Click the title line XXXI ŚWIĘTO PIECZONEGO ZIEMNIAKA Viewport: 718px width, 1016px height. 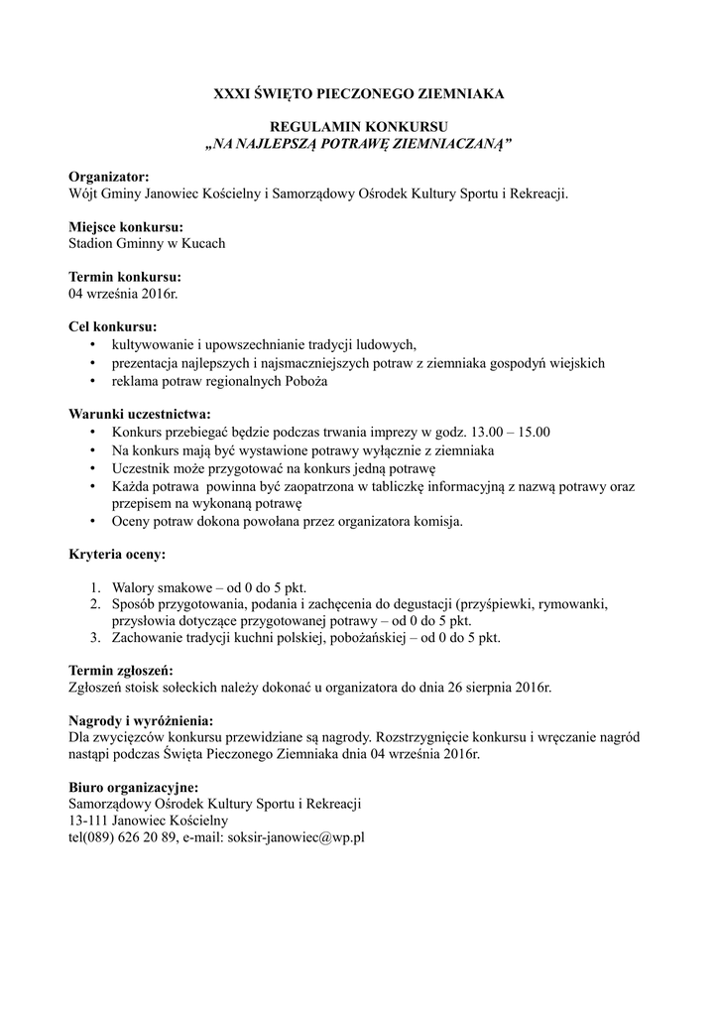pos(359,94)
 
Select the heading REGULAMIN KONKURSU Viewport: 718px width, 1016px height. pos(359,128)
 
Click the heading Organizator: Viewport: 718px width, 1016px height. pos(108,177)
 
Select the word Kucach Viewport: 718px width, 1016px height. pos(203,243)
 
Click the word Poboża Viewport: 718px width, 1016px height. pos(305,381)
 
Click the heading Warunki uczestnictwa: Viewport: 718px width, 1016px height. pos(139,414)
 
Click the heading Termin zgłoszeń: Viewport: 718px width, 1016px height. pos(121,670)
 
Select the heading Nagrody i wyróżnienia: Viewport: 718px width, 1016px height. pos(141,719)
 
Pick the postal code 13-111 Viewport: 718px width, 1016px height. pos(87,821)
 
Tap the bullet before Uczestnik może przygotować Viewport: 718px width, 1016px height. pos(93,467)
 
